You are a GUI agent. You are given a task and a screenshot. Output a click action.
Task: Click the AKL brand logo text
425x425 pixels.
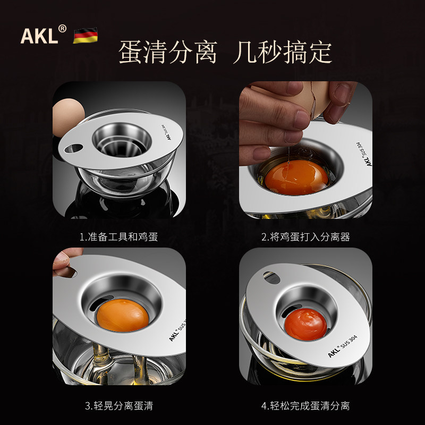(39, 36)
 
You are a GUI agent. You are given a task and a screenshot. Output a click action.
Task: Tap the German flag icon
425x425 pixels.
(86, 35)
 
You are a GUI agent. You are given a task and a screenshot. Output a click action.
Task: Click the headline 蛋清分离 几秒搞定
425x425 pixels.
(225, 52)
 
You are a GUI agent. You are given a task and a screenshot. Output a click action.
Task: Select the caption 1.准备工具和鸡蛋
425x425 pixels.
(118, 237)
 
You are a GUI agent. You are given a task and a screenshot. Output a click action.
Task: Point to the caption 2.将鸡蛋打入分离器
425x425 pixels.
(305, 237)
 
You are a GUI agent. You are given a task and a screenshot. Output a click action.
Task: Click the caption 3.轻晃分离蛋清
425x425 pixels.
(118, 406)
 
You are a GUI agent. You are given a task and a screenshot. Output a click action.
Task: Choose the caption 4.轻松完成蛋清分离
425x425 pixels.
(305, 406)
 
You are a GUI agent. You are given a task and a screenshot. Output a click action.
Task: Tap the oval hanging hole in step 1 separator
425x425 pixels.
(74, 148)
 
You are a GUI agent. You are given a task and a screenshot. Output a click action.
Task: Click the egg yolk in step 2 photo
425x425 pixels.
(296, 177)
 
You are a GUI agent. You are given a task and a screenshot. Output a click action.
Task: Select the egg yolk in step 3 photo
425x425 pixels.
(123, 315)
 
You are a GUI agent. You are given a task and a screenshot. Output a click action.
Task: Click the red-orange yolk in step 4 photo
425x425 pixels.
(306, 324)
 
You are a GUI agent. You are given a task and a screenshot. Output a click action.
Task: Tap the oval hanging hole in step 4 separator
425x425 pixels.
(271, 277)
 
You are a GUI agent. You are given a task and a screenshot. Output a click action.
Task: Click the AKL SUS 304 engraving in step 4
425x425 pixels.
(342, 346)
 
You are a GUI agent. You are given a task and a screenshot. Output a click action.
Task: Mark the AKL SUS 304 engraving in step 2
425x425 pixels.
(363, 154)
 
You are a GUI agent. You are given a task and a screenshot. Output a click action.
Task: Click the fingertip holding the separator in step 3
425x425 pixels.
(62, 261)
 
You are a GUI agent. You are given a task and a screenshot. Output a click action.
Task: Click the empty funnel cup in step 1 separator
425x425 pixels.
(122, 141)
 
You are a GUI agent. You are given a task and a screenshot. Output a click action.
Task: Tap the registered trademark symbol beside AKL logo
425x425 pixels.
(62, 29)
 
